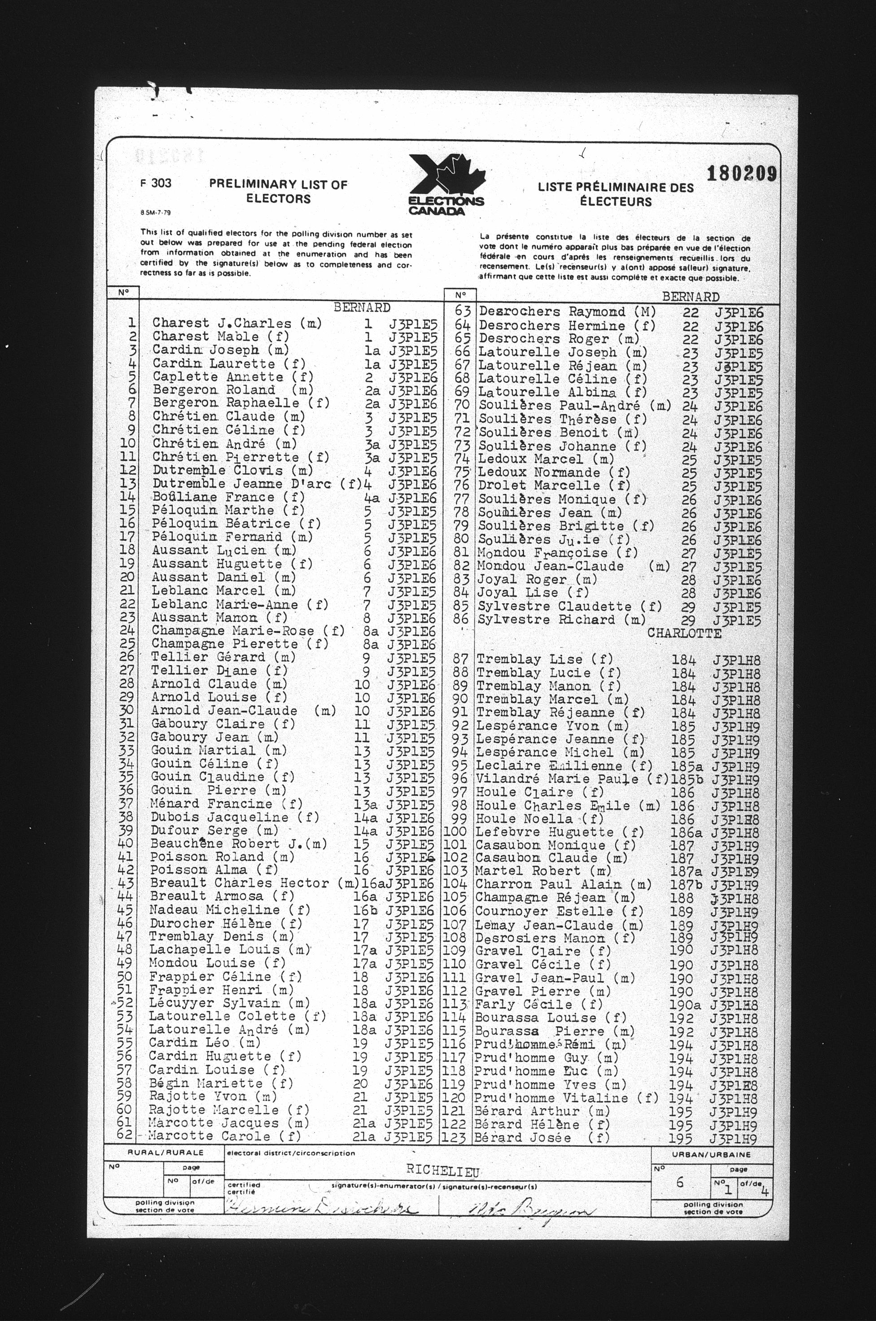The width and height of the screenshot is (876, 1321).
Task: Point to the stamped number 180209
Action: (x=741, y=174)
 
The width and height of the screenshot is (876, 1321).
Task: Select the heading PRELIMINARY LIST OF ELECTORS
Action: (x=278, y=191)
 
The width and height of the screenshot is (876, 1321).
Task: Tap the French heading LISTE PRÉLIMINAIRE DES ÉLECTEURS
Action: (x=615, y=194)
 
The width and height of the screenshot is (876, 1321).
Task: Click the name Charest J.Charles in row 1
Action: (x=222, y=323)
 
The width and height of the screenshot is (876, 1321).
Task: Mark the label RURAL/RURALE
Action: (x=166, y=1152)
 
